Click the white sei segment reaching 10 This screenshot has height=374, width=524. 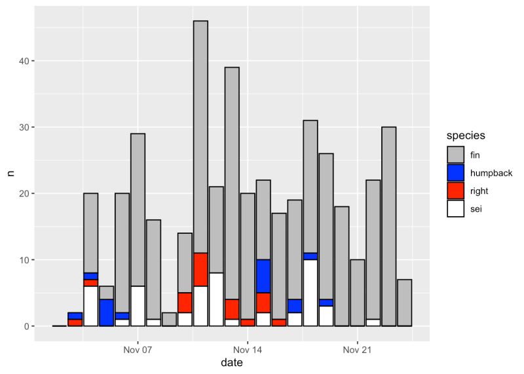(310, 293)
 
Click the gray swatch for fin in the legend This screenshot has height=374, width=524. (455, 155)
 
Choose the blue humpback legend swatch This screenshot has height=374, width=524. (455, 172)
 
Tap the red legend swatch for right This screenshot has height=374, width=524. (455, 190)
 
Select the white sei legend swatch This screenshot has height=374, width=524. (455, 208)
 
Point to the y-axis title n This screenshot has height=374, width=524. (10, 174)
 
